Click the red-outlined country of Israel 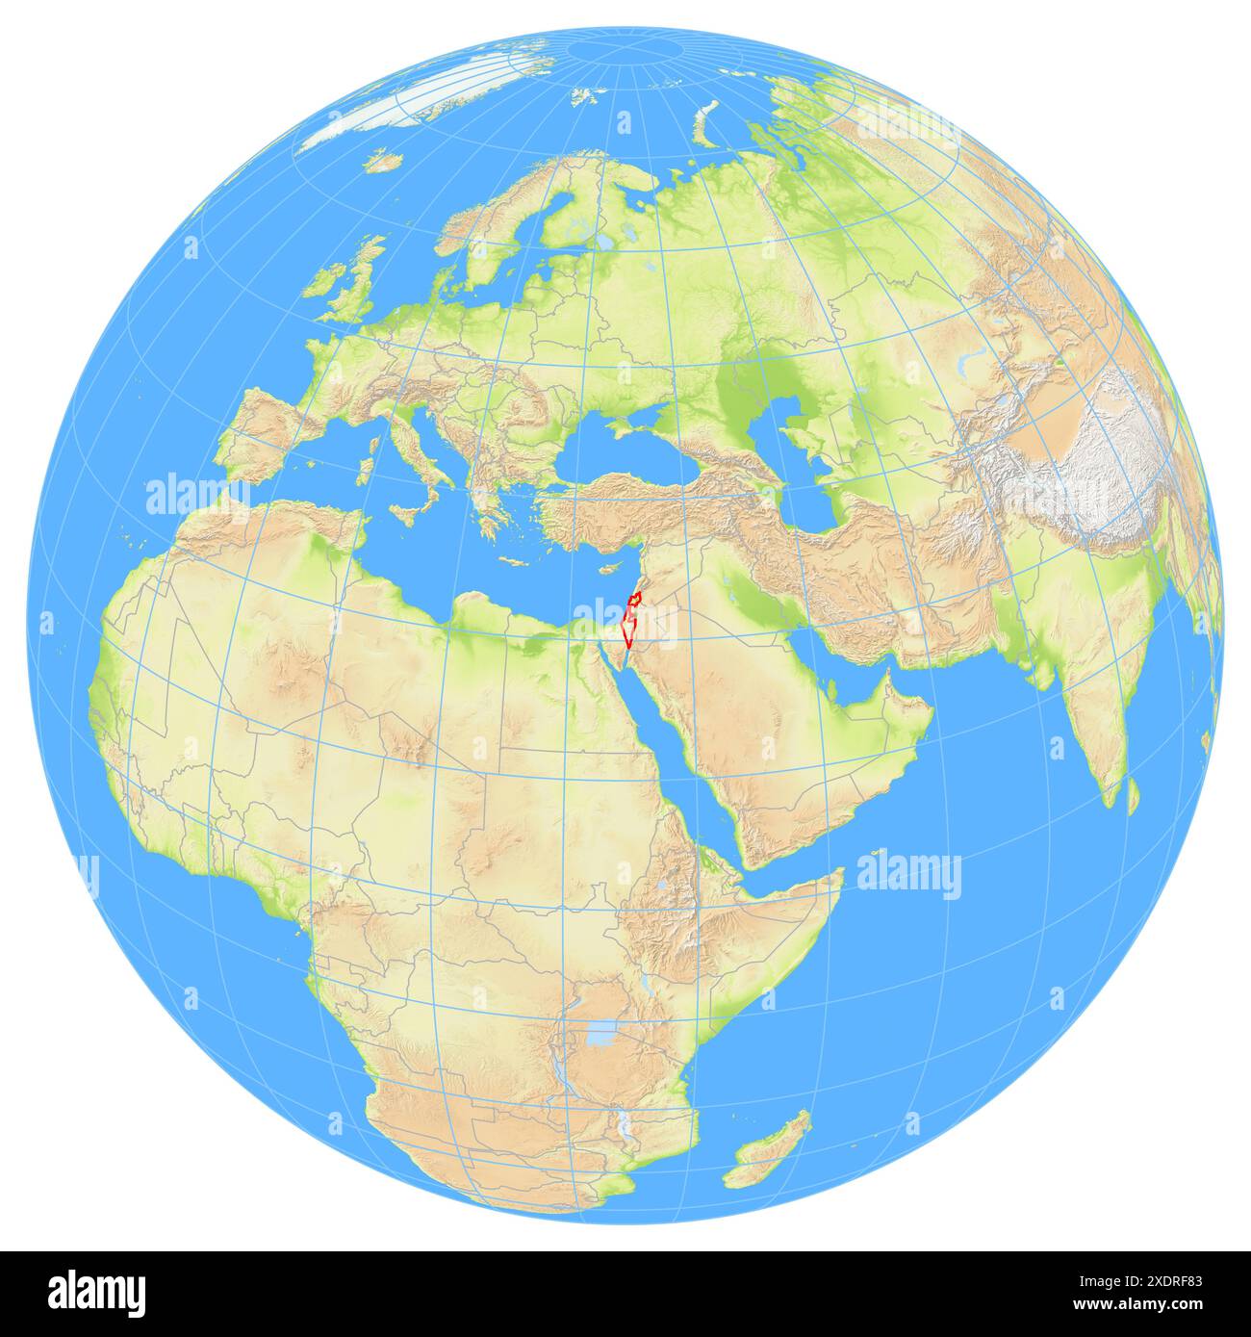[631, 621]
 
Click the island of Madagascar [770, 1150]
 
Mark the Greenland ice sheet [423, 106]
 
